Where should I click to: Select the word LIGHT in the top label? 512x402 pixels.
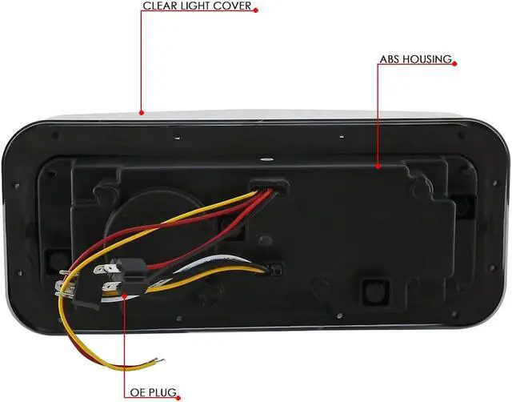click(198, 6)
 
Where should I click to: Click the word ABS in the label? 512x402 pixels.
click(390, 59)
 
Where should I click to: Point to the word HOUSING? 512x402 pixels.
click(428, 59)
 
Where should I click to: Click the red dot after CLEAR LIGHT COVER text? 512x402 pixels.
click(258, 7)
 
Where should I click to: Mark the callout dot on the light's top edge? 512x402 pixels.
click(141, 113)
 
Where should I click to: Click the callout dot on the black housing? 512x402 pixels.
click(378, 167)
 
